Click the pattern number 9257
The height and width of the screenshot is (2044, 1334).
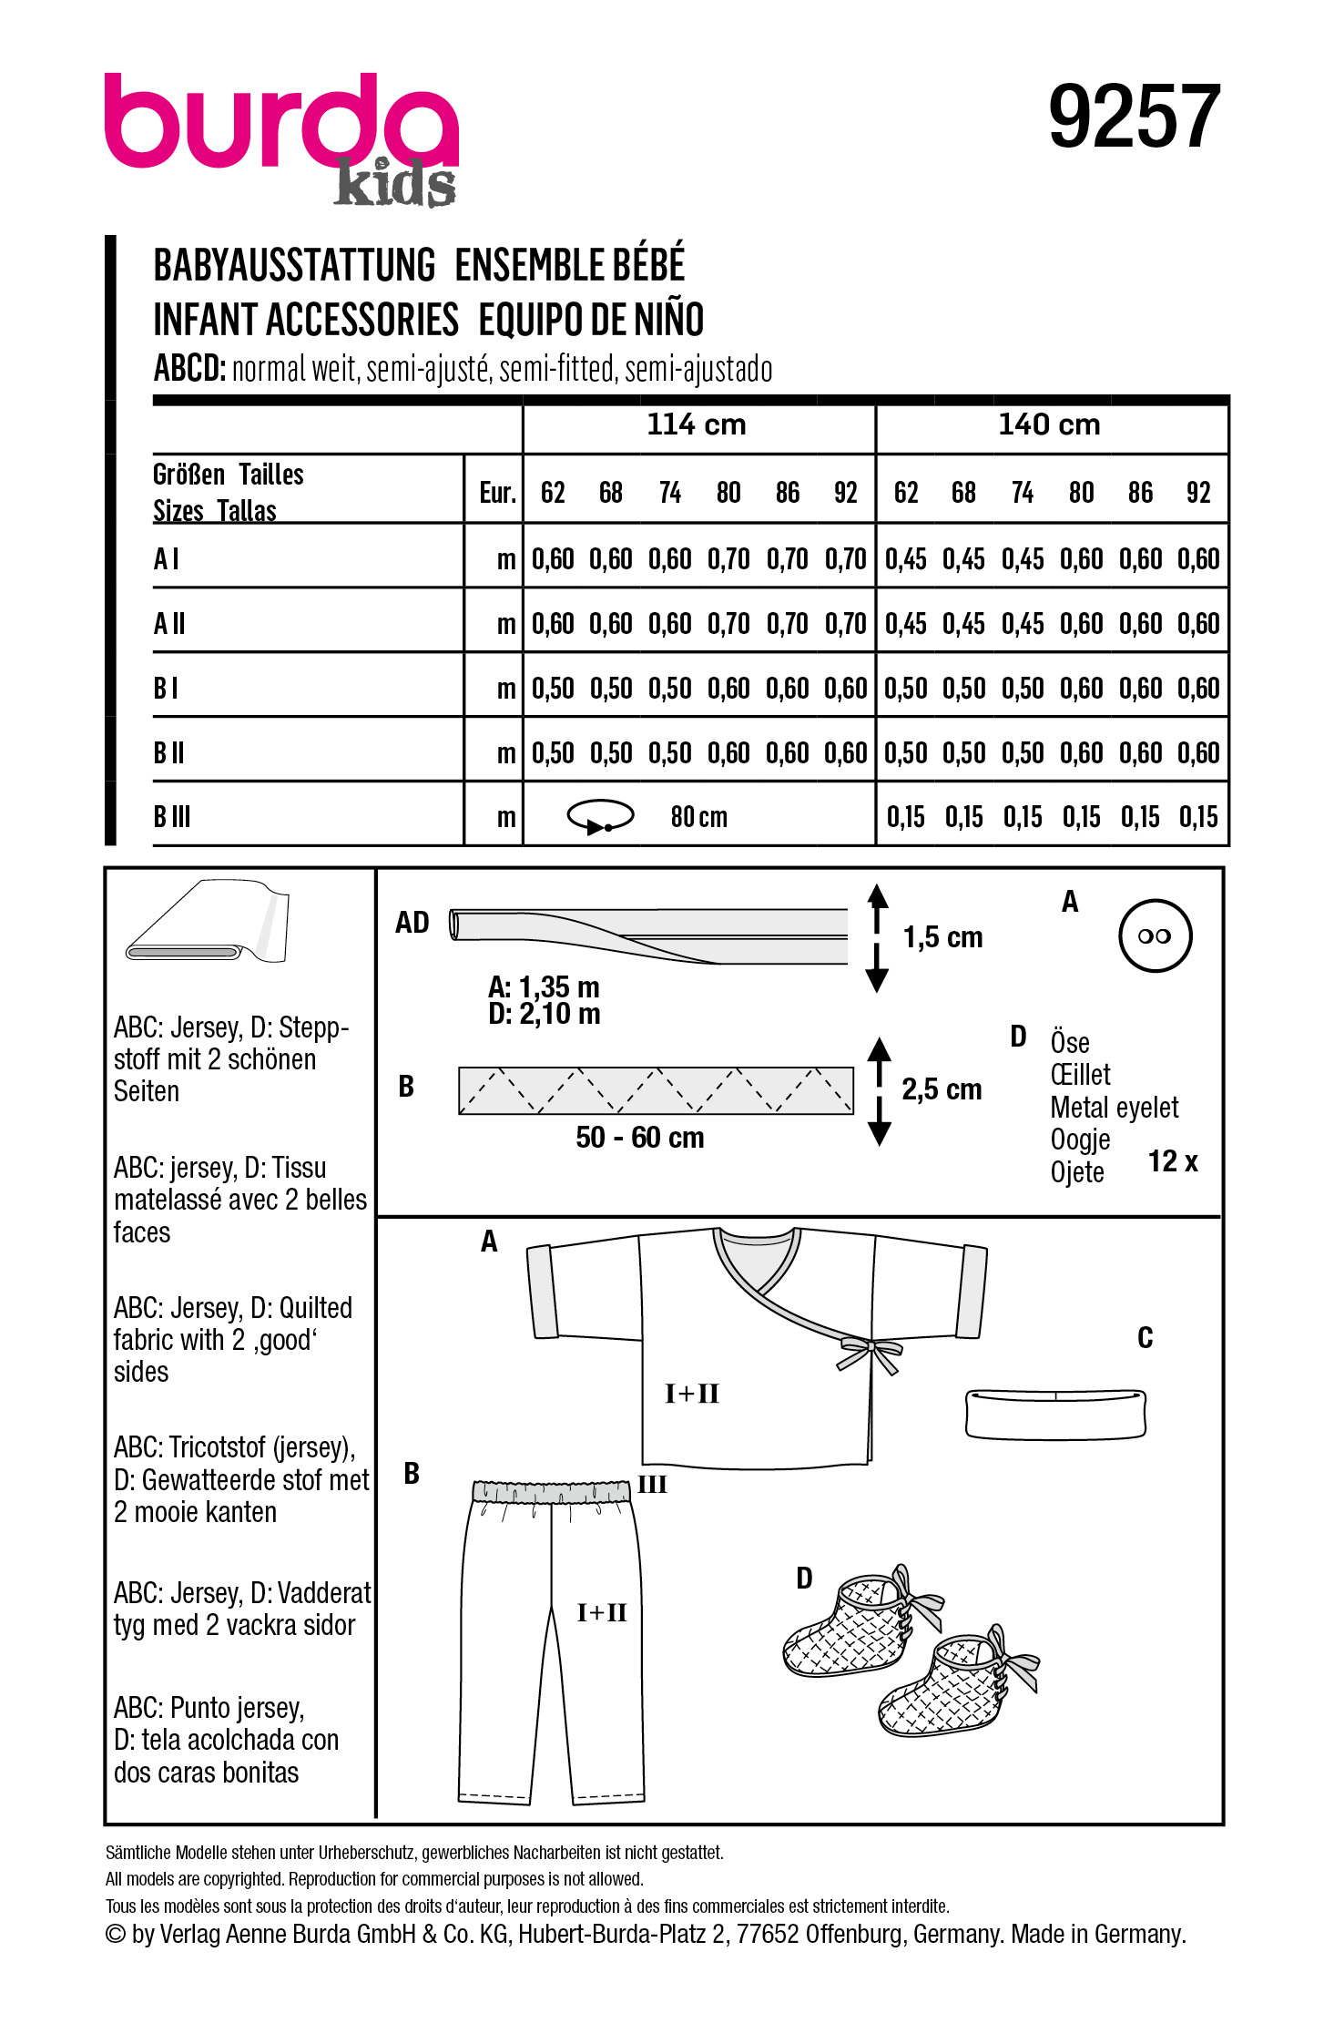tap(1133, 118)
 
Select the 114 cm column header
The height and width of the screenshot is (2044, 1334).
tap(696, 424)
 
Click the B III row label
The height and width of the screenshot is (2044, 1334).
tap(172, 817)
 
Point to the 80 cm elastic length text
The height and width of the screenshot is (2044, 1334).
tap(698, 817)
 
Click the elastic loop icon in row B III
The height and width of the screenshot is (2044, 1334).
tap(600, 816)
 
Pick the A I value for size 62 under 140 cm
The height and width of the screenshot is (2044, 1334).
tap(905, 559)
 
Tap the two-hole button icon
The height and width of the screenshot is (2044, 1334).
tap(1155, 935)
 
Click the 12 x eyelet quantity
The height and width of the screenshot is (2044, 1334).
tap(1172, 1161)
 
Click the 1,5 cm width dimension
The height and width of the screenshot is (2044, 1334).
tap(942, 937)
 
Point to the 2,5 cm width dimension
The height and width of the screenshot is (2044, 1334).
tap(942, 1089)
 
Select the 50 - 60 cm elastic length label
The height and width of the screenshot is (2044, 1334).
tap(639, 1138)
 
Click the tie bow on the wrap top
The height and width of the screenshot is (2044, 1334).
tap(870, 1350)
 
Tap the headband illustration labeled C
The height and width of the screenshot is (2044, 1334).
tap(1054, 1414)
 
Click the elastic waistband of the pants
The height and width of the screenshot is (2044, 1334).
tap(552, 1492)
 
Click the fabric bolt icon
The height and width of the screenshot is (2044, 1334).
tap(209, 922)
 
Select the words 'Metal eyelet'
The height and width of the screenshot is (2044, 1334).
tap(1114, 1108)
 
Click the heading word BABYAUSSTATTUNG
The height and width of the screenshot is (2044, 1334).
tap(294, 266)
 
